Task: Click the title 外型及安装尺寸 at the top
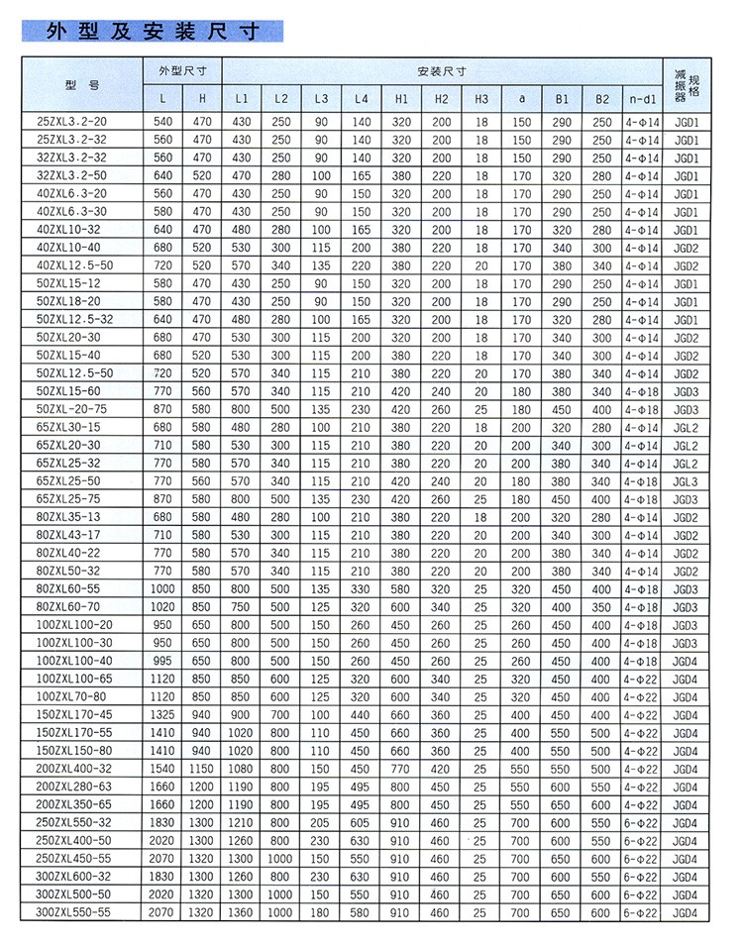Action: pos(154,31)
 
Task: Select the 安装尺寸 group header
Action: pos(442,72)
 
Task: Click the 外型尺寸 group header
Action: pos(181,72)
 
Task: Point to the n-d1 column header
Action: pos(641,99)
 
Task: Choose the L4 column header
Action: pos(361,99)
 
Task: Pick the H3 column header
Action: pos(480,99)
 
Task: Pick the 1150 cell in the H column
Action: pos(202,769)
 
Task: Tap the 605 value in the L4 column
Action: pos(361,822)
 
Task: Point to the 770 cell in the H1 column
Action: pos(400,769)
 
